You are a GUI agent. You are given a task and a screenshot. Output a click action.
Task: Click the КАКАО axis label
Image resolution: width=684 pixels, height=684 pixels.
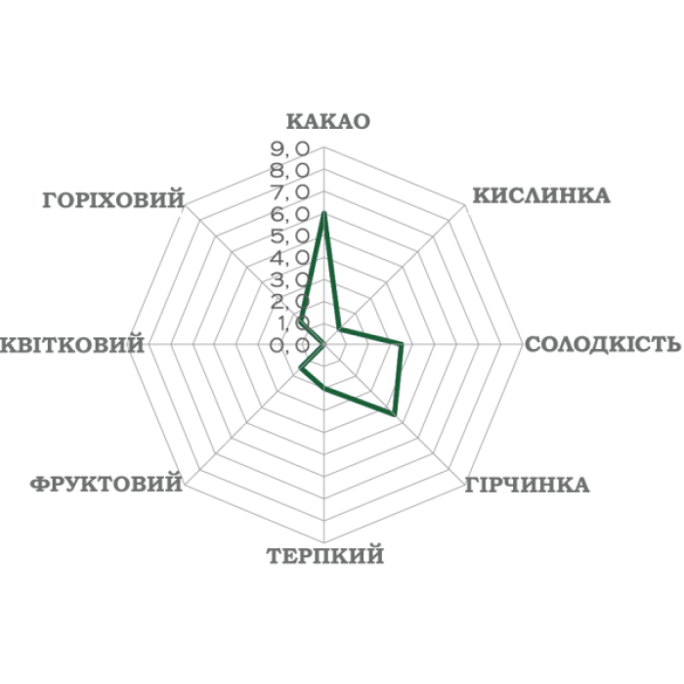click(328, 121)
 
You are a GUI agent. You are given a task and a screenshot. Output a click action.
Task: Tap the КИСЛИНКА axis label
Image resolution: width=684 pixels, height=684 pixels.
click(541, 195)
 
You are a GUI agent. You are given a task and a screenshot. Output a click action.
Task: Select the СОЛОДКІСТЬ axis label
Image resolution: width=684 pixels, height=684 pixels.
click(603, 344)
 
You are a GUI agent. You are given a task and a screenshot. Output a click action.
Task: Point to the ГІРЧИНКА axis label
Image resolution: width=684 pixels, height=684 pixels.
click(527, 485)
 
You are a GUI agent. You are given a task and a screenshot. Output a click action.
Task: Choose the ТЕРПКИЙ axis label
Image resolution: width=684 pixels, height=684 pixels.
click(325, 556)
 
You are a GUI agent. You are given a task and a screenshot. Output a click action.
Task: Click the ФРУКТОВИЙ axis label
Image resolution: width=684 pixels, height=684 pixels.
click(106, 484)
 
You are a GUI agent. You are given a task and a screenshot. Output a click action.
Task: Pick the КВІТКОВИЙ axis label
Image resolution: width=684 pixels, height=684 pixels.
click(72, 344)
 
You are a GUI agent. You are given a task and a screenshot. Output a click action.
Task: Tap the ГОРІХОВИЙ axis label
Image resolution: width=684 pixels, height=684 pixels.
click(114, 200)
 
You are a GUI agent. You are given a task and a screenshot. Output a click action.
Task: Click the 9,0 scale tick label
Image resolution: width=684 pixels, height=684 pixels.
click(290, 150)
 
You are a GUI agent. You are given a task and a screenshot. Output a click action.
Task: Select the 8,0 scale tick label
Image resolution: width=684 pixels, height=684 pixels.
click(290, 171)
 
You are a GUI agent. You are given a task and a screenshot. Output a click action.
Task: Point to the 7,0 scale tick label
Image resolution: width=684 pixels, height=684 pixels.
click(290, 192)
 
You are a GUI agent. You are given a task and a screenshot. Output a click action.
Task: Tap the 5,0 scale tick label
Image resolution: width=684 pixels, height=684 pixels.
click(290, 236)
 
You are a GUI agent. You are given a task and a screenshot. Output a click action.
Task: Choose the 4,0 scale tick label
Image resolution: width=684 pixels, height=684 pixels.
click(290, 258)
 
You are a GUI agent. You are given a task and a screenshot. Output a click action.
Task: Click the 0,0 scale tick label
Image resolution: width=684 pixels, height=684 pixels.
click(290, 346)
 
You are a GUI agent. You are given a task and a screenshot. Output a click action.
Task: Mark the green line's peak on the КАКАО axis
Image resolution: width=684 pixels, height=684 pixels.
click(323, 213)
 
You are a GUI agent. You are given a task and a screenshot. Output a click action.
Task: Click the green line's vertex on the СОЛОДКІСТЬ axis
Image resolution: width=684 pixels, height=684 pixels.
click(402, 345)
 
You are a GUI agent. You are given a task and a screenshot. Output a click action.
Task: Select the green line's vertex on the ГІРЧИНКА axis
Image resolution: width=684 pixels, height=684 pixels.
click(394, 414)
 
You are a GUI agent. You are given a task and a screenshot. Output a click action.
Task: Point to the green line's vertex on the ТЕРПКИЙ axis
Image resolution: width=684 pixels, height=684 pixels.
click(323, 388)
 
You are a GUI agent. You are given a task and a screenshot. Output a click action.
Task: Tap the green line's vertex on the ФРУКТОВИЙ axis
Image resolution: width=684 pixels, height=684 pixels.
click(301, 369)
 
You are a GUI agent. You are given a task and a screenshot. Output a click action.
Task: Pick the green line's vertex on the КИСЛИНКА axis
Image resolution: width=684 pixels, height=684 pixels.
click(339, 329)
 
